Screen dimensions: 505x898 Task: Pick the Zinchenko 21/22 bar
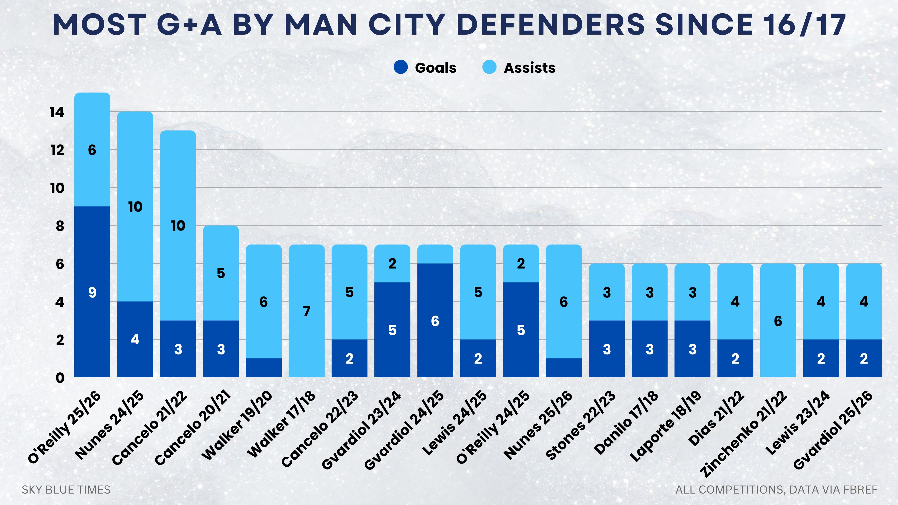pos(778,320)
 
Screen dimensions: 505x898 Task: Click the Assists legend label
pos(529,68)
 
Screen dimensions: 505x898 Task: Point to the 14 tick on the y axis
pos(57,112)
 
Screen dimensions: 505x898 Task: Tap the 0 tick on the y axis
pos(60,378)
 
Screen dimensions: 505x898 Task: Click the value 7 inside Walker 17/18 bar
pos(306,311)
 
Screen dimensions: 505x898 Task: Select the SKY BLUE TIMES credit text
pos(66,490)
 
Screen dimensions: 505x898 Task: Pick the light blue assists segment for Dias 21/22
pos(735,301)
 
